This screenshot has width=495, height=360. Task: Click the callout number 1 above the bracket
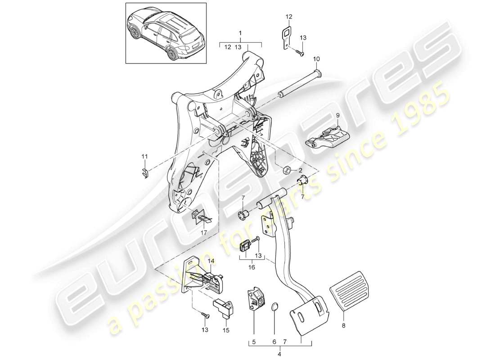pos(240,33)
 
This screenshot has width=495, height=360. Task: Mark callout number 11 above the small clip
pos(144,156)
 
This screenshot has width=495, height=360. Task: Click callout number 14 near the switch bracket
pos(211,261)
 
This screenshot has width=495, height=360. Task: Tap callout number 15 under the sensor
pos(225,330)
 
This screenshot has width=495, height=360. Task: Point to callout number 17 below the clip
pos(204,233)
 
